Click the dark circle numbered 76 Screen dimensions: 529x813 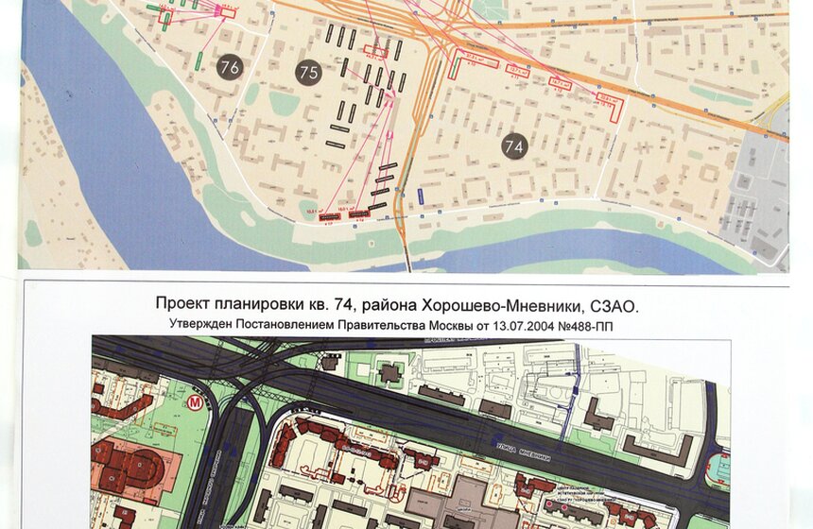[x=229, y=66]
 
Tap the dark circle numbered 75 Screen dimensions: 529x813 [x=308, y=73]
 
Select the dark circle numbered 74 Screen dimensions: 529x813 [x=514, y=146]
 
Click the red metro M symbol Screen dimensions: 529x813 [x=196, y=401]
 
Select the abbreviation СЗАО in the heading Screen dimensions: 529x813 [x=614, y=305]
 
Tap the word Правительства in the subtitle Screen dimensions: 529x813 [x=366, y=325]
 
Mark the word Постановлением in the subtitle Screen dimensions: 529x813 [x=278, y=325]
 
